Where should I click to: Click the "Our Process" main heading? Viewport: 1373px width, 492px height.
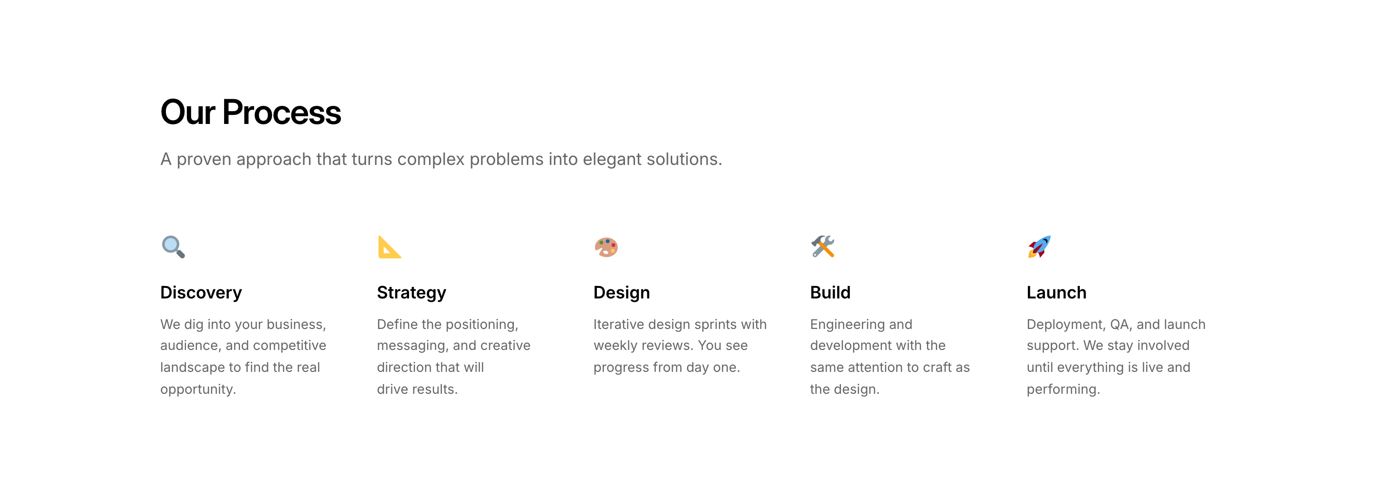[250, 112]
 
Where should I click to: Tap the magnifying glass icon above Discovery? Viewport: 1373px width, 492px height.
[173, 247]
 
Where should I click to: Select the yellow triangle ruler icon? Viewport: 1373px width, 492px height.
[389, 247]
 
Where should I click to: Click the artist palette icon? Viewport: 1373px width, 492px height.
[606, 247]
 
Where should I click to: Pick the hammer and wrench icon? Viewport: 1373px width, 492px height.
[823, 246]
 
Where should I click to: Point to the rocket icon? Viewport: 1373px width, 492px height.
[1039, 246]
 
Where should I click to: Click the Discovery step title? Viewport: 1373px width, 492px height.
[201, 293]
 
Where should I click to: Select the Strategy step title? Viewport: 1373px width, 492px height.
[411, 293]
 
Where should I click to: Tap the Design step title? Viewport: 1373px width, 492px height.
[622, 293]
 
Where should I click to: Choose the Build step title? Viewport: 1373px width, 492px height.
[830, 293]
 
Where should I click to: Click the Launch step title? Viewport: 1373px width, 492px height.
[1056, 293]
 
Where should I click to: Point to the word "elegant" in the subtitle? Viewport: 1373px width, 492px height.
[612, 159]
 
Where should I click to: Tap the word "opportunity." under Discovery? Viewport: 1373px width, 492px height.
[198, 389]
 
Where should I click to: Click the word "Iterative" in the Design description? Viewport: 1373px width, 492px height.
[619, 324]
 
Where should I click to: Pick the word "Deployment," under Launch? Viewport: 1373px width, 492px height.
[1066, 325]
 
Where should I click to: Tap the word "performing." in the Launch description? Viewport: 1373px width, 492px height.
[1063, 389]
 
